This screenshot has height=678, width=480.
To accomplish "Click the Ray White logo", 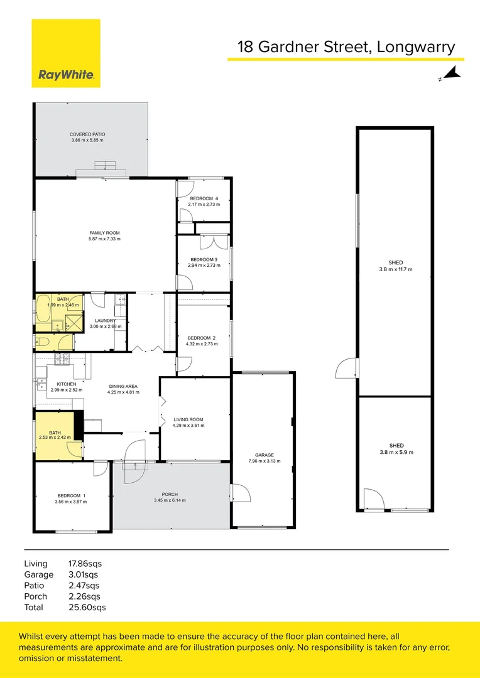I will click(66, 53).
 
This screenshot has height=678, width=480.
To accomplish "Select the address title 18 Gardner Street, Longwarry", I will click(346, 47).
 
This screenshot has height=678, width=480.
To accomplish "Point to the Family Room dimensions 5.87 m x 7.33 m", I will click(104, 239).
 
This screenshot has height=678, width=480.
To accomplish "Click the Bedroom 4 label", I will click(204, 199).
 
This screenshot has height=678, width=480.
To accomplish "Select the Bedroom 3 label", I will click(204, 259).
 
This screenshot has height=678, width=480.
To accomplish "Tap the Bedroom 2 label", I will click(204, 338).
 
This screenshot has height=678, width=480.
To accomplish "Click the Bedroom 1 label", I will click(70, 495).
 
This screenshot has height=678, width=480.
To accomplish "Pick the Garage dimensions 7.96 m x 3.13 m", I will click(264, 461).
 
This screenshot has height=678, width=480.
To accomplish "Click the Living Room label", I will click(188, 419).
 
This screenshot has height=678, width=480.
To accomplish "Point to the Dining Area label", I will click(123, 386).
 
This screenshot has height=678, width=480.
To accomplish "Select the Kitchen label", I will click(66, 384).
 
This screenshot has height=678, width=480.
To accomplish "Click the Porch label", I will click(170, 494).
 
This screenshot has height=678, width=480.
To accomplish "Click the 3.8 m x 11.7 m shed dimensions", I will click(396, 269).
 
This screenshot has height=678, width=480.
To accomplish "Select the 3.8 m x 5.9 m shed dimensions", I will click(396, 452).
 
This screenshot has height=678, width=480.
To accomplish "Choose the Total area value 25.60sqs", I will click(87, 607).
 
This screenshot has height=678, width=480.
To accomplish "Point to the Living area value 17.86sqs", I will click(85, 563).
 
